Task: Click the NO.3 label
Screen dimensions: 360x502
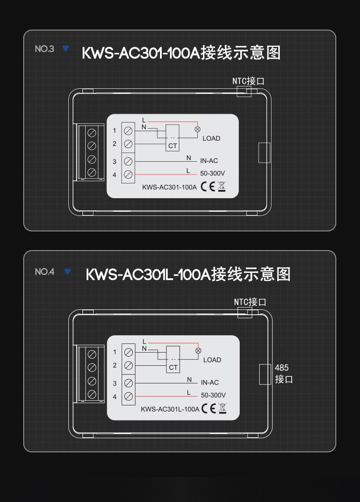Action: (44, 49)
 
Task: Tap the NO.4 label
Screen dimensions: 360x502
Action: (44, 272)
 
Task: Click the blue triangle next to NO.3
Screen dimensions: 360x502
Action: (66, 48)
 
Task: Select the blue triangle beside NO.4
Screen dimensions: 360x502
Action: (68, 272)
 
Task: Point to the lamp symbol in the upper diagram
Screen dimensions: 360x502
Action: (197, 129)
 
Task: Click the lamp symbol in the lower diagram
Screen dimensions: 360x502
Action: (198, 350)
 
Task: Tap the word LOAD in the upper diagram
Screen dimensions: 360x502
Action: (211, 138)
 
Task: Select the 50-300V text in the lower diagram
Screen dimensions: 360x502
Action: (213, 395)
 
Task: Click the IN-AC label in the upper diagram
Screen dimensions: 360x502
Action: (209, 161)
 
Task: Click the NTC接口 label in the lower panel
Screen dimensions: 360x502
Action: (250, 302)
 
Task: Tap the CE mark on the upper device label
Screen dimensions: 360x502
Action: (208, 187)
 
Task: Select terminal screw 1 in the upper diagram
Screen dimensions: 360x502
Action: (129, 131)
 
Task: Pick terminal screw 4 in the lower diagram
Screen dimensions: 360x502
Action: (129, 396)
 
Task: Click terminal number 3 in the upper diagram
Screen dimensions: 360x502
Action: (115, 162)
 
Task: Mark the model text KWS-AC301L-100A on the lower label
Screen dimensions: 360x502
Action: (170, 409)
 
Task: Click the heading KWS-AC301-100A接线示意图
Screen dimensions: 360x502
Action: (181, 53)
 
